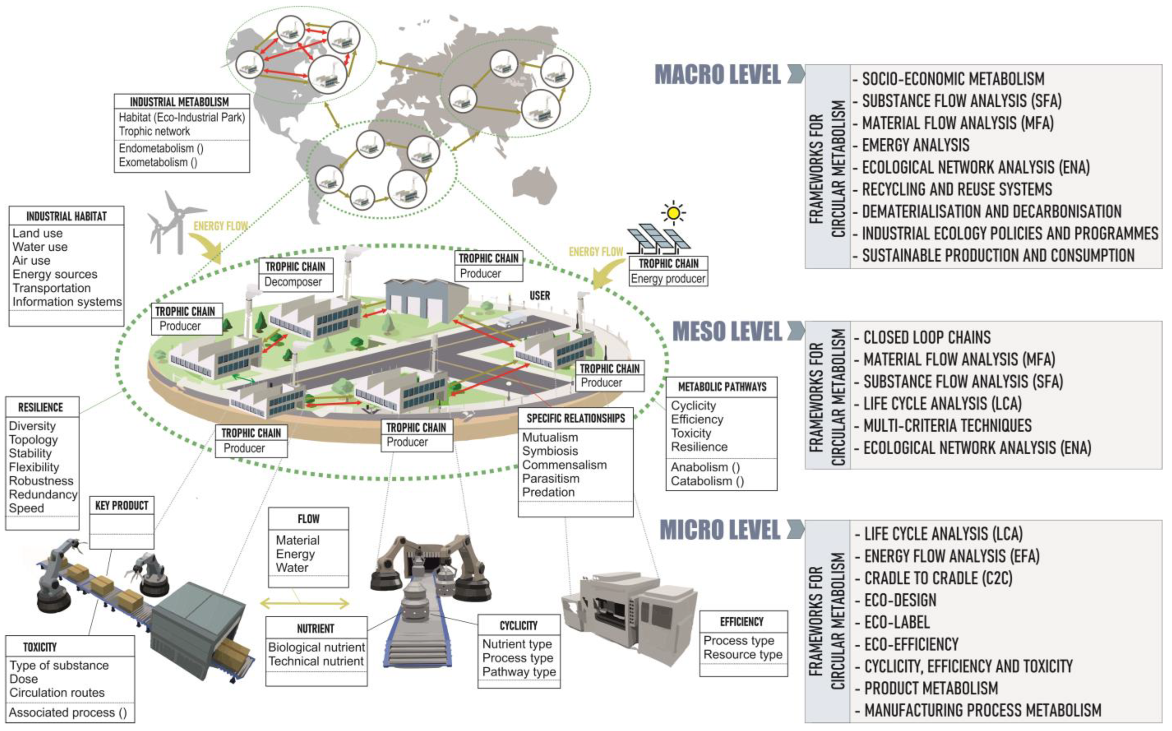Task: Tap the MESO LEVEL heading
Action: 727,332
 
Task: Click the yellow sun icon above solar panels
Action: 674,213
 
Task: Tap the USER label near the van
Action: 539,295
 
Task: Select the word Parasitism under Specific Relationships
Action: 550,479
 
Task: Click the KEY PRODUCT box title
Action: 121,506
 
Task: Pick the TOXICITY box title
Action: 40,647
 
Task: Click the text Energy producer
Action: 668,278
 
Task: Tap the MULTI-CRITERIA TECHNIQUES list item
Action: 947,426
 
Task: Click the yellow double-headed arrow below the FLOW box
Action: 304,603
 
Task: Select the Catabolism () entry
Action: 707,481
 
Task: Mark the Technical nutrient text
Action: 316,661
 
